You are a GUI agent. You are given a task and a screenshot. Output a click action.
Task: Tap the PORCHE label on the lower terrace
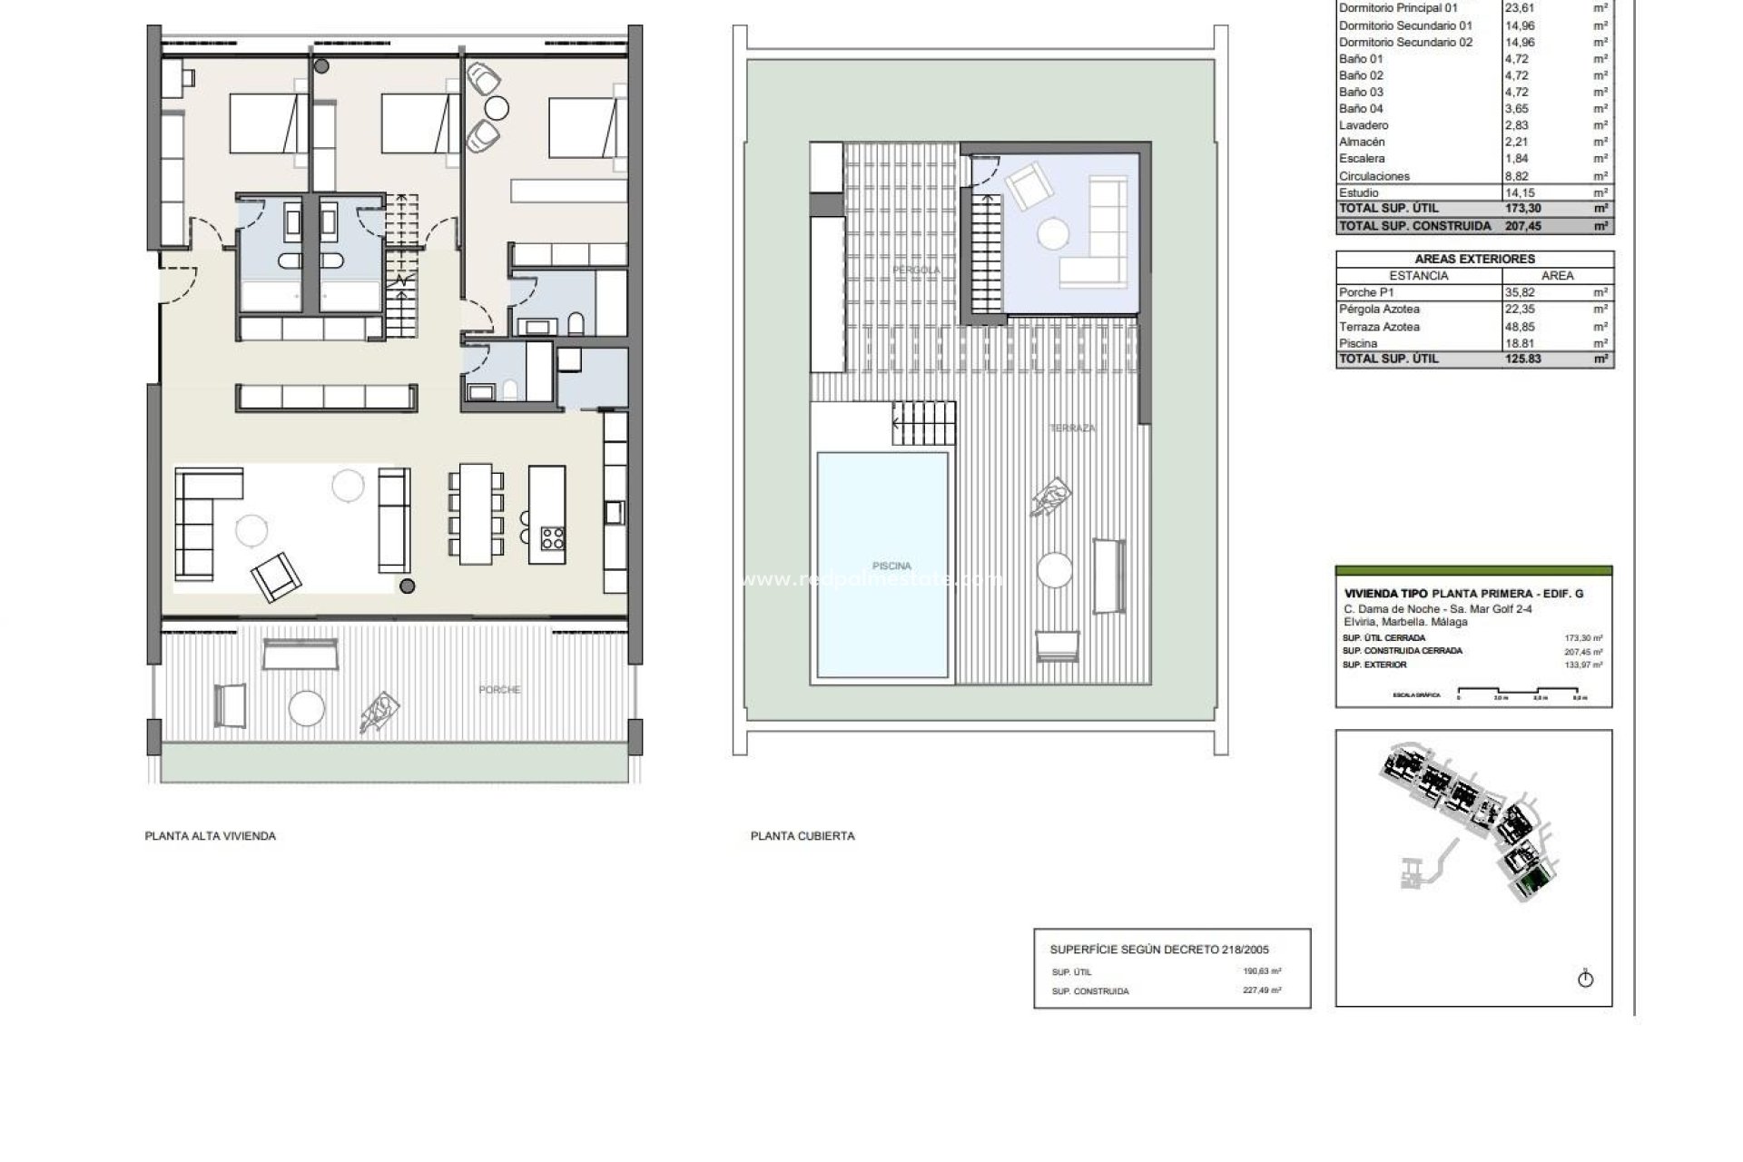click(499, 690)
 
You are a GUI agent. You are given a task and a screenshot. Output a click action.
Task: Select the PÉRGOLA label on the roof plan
click(916, 271)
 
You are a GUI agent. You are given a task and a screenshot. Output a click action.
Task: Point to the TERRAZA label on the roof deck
click(1072, 428)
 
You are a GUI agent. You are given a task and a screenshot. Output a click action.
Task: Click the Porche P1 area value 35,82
click(1519, 292)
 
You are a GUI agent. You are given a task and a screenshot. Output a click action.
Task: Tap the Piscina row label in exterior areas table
click(1358, 343)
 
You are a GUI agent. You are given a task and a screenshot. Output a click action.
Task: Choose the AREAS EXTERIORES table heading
click(1474, 259)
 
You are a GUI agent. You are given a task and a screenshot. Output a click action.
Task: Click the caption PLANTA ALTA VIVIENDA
click(210, 836)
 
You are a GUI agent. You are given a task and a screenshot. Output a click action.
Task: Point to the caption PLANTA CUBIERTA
click(802, 836)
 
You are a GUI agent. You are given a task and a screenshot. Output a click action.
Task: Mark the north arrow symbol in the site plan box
click(1586, 980)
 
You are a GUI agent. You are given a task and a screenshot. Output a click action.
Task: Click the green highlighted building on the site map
click(1533, 881)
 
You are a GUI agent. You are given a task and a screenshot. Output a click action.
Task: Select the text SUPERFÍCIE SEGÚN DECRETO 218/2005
click(1159, 950)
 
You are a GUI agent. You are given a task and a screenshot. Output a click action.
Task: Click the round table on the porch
click(306, 707)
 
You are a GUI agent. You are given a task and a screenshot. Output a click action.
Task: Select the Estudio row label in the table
click(1358, 192)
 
